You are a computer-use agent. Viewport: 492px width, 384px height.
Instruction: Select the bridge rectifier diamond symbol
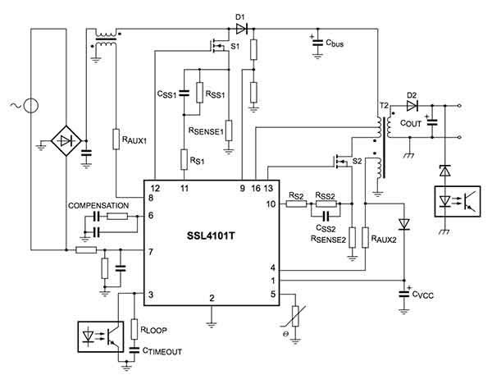[64, 140]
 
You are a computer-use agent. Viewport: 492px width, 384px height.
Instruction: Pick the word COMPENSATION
[98, 204]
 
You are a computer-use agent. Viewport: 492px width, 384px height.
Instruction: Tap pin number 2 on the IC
[212, 297]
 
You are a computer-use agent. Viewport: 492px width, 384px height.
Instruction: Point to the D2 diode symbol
[412, 106]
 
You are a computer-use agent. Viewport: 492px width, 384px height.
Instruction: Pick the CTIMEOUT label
[163, 350]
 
